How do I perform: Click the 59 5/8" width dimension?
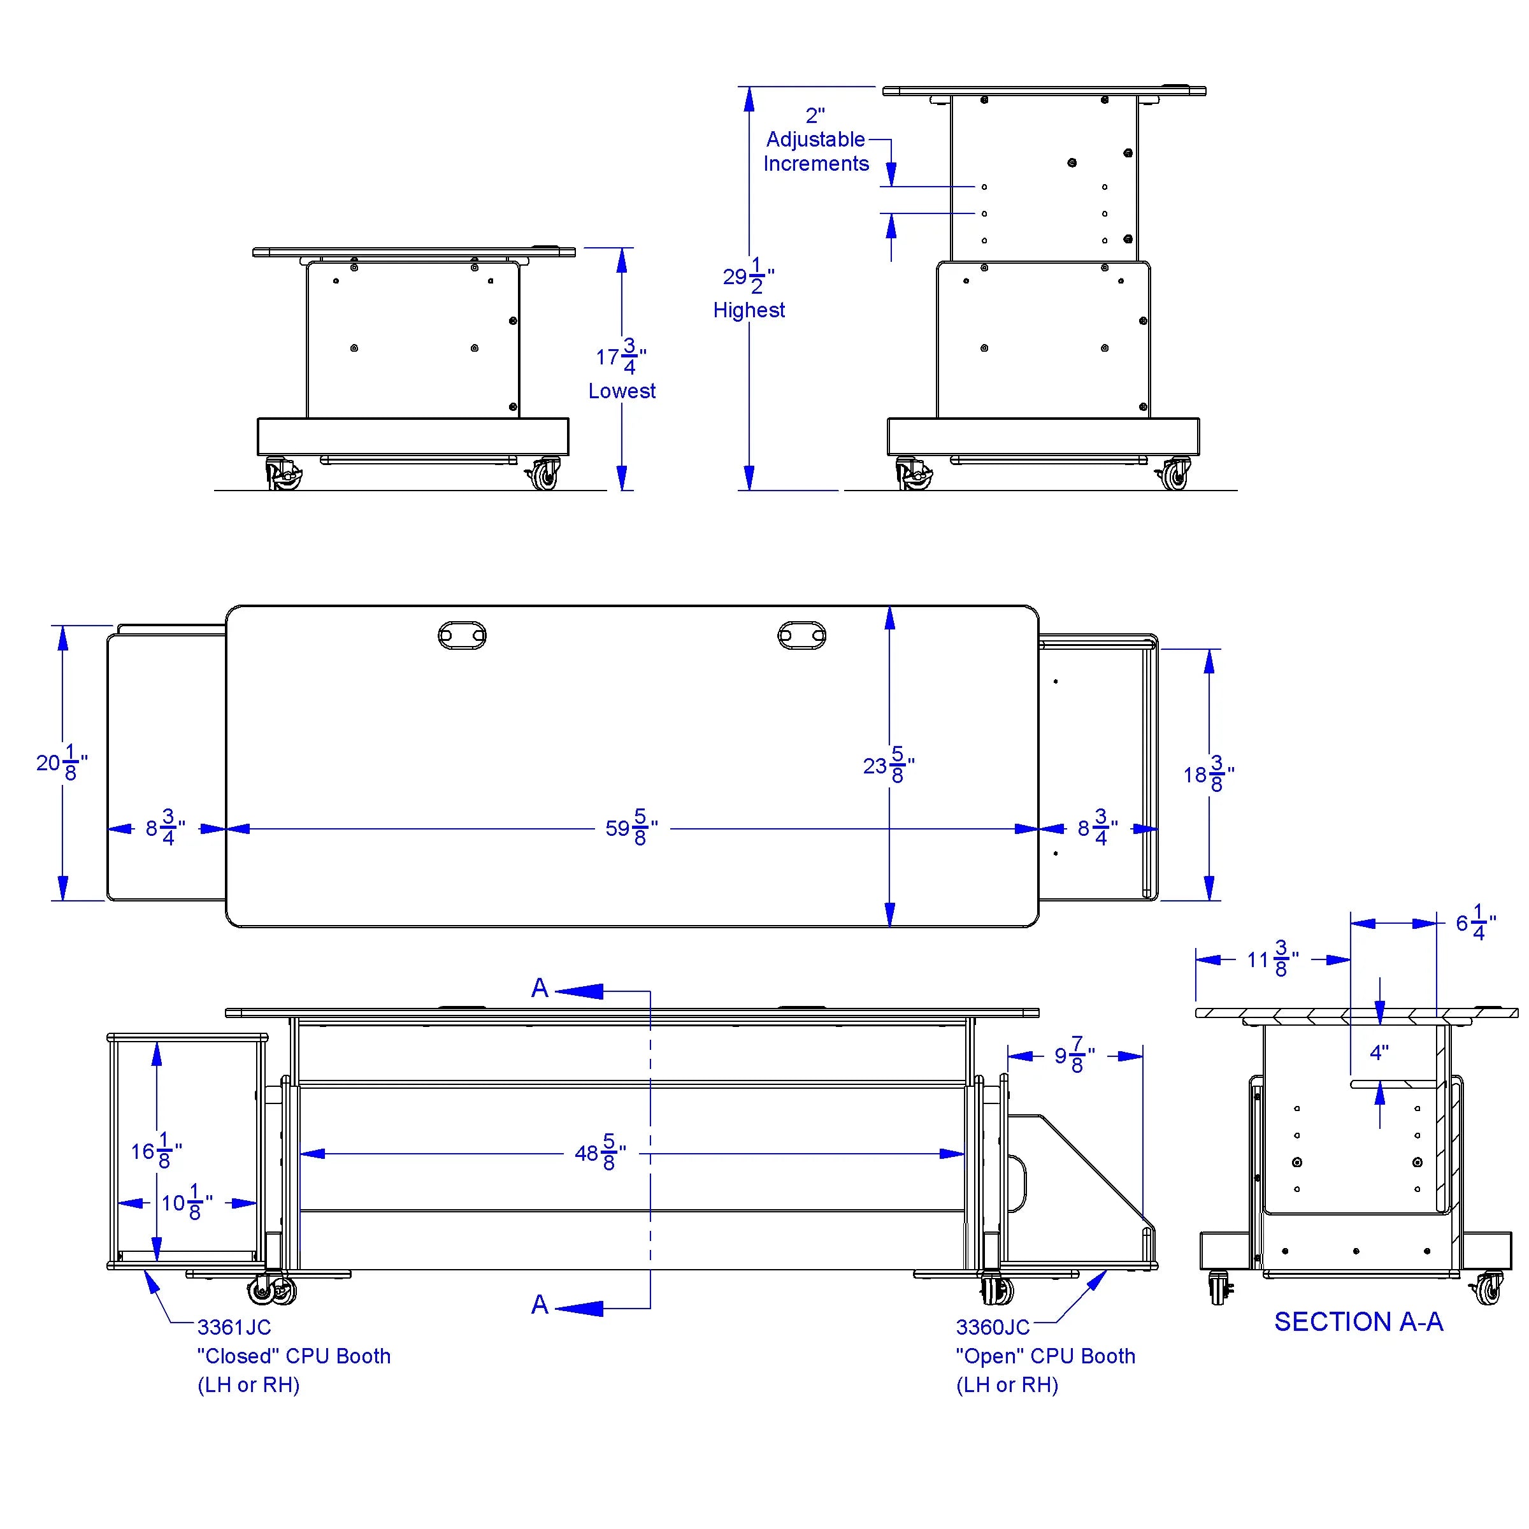pos(631,828)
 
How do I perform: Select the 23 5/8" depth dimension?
pos(889,765)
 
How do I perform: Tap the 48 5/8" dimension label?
pos(600,1152)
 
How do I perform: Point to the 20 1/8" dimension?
pos(62,762)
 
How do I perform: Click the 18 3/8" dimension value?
pos(1209,774)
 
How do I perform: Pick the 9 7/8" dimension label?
pos(1075,1055)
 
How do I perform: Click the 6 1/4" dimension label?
pos(1476,922)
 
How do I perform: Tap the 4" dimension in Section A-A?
pos(1379,1052)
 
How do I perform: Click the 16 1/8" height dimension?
pos(157,1151)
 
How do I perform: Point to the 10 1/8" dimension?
pos(187,1203)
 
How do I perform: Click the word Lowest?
pos(622,391)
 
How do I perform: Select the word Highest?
pos(749,310)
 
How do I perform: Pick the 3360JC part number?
pos(993,1327)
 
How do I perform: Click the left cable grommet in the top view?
pos(462,635)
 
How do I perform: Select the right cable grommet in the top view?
pos(801,635)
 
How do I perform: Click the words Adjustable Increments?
pos(816,151)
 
